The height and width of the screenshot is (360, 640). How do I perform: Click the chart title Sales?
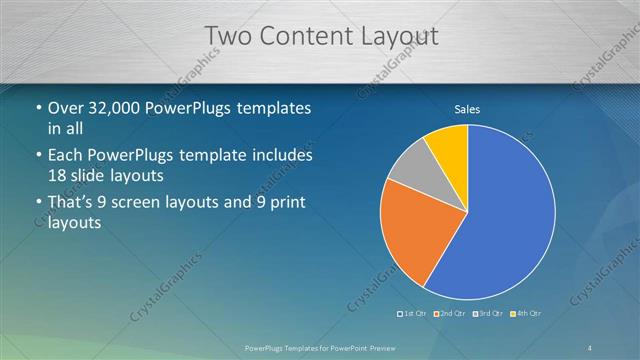point(468,108)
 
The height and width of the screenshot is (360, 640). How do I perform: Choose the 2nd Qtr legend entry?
point(452,314)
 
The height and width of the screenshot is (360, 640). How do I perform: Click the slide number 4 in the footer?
point(590,346)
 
